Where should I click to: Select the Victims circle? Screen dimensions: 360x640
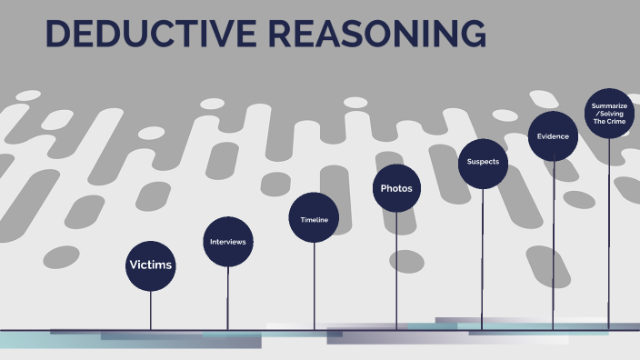click(151, 265)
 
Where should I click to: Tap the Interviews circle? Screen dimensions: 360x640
click(227, 242)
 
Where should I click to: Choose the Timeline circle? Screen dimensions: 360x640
click(314, 220)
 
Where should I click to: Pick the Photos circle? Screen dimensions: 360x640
click(396, 188)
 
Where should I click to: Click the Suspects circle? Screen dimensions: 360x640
click(483, 163)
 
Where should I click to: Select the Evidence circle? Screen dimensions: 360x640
click(553, 136)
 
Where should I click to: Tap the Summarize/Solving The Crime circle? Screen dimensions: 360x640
click(609, 113)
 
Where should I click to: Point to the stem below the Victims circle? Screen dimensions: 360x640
click(151, 310)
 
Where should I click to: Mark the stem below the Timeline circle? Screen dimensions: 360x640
click(315, 286)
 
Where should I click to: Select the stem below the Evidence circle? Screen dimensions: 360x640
click(554, 245)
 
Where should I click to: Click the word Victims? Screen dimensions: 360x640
click(151, 265)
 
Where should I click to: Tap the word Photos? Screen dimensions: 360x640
click(396, 188)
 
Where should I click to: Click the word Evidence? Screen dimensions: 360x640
click(553, 136)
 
